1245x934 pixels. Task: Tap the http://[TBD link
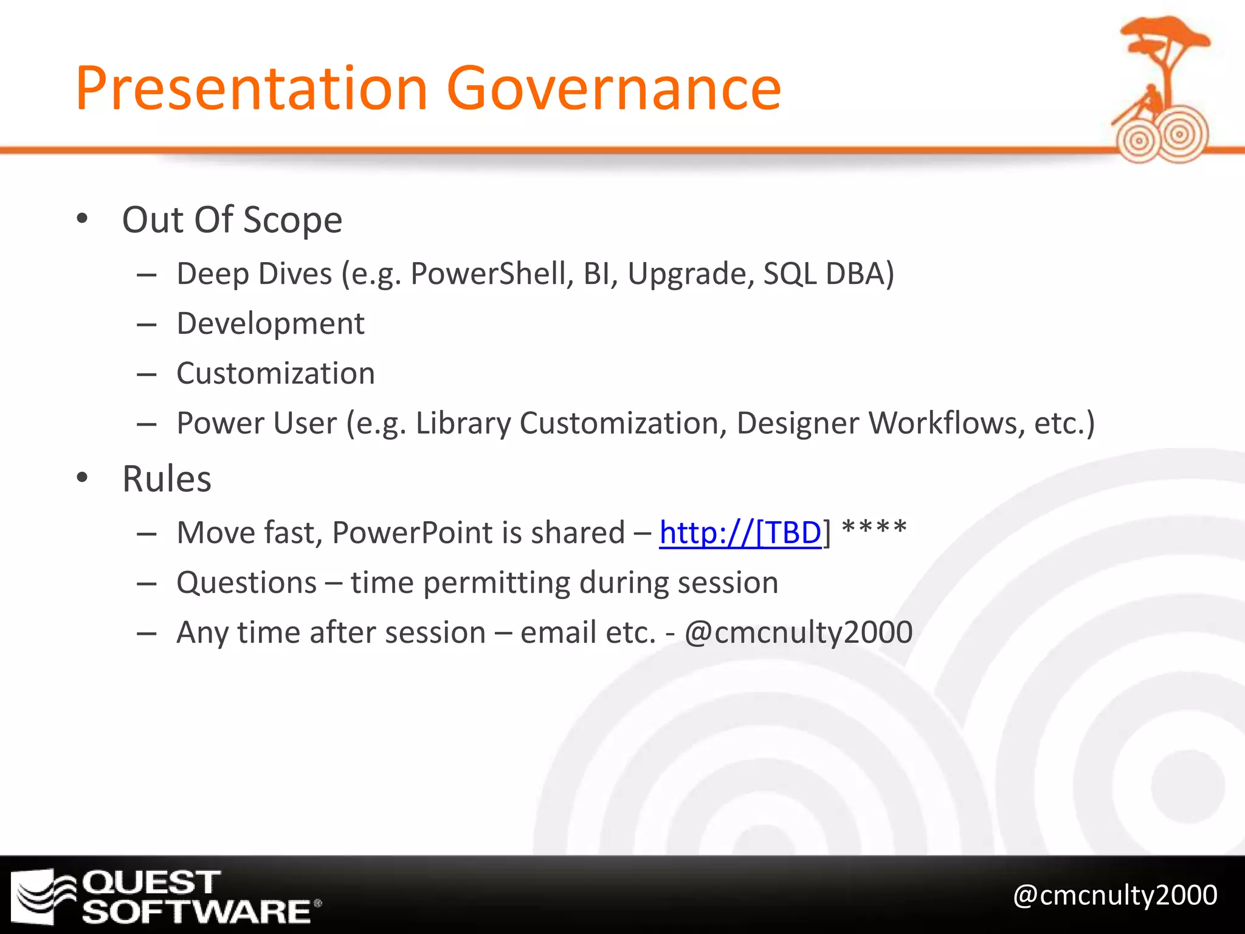pos(740,533)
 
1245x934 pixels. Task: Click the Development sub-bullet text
pos(271,323)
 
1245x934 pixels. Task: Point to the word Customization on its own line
pos(275,373)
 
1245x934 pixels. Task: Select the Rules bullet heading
pos(167,479)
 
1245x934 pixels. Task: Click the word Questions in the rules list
pos(247,583)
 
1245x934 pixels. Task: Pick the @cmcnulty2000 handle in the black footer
pos(1115,895)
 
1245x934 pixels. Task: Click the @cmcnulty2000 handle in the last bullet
pos(798,632)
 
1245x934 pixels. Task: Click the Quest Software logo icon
pos(43,896)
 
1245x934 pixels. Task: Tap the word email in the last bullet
pos(559,632)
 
